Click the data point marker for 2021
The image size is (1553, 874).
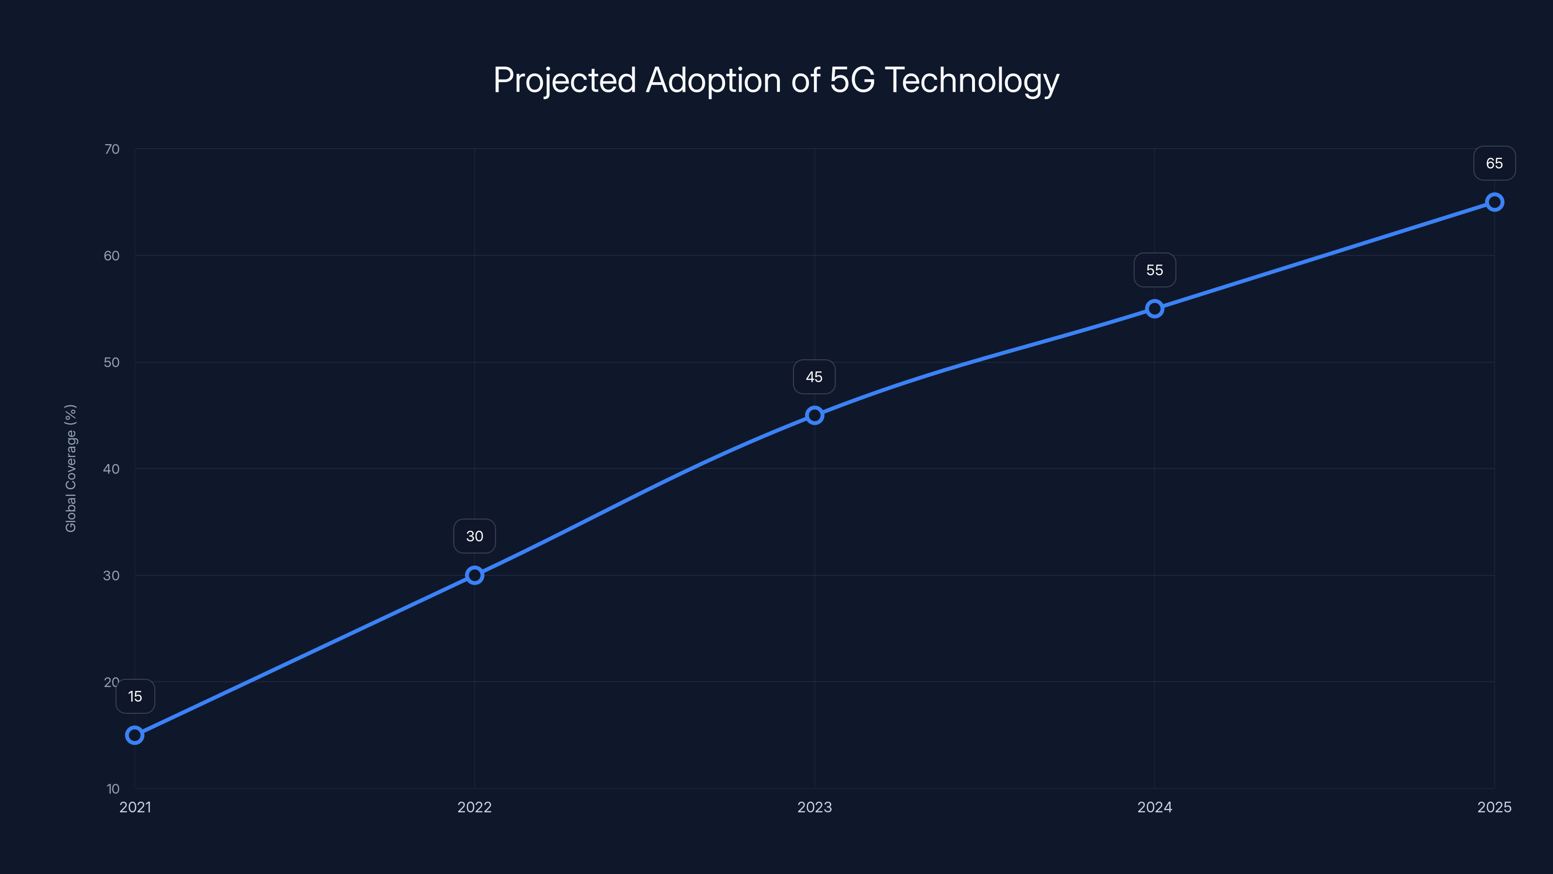134,735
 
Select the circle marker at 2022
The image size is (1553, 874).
475,575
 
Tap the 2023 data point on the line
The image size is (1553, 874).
814,415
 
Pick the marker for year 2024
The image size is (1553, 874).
1155,309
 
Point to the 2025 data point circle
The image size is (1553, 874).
1495,202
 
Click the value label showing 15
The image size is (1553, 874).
135,697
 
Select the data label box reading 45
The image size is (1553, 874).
814,377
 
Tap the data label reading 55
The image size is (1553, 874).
1155,270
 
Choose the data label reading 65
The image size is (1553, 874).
1495,164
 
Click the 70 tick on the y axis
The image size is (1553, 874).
112,149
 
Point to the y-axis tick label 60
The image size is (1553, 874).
112,256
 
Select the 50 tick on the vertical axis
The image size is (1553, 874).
112,363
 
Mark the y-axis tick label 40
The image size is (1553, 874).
112,469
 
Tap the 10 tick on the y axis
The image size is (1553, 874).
114,789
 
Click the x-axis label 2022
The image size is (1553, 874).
475,807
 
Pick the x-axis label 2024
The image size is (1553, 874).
1155,807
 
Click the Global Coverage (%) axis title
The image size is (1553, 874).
70,468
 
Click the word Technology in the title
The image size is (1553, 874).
971,80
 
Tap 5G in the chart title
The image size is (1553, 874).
852,80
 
